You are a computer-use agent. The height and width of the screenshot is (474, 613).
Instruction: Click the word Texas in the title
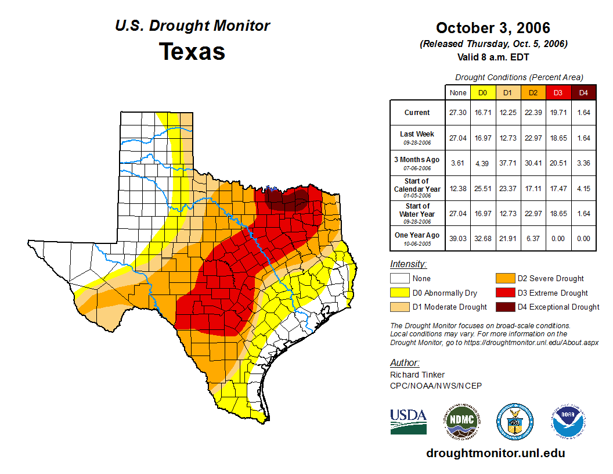(x=192, y=51)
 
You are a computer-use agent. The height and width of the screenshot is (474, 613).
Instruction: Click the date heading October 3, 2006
(x=493, y=28)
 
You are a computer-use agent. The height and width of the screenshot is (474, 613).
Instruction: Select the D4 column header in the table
(x=583, y=93)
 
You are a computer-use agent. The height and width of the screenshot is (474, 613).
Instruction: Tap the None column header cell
(x=458, y=93)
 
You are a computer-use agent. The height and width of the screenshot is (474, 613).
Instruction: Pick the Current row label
(x=417, y=113)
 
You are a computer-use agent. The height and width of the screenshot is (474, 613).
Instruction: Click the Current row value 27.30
(x=458, y=113)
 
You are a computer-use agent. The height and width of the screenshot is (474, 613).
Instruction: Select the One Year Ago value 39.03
(x=458, y=238)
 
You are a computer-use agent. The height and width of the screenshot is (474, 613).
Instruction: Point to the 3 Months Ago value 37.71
(x=508, y=163)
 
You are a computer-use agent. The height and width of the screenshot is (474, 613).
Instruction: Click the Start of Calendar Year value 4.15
(x=583, y=188)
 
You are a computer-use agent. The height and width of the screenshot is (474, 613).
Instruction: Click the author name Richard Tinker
(x=417, y=375)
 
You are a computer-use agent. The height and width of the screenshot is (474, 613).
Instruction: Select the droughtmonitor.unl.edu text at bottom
(x=495, y=453)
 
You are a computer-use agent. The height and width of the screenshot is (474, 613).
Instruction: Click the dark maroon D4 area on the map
(x=286, y=199)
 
